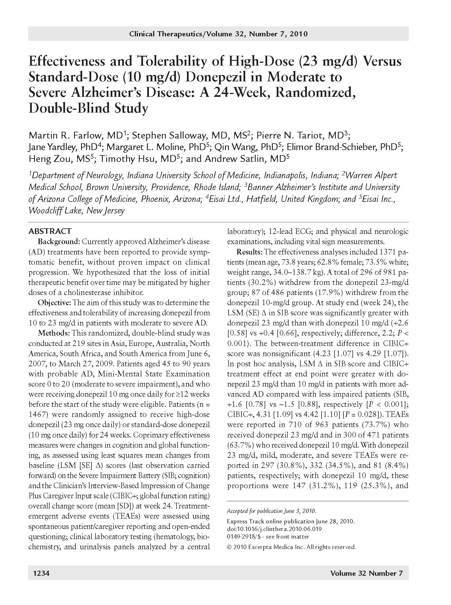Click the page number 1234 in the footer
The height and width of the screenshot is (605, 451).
click(41, 573)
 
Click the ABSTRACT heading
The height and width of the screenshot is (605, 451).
click(50, 231)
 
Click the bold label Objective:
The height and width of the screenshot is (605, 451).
click(54, 303)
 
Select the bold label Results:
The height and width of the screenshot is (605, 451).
click(249, 252)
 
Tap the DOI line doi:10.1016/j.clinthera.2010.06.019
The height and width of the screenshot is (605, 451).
click(274, 529)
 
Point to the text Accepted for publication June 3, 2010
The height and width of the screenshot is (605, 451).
click(271, 511)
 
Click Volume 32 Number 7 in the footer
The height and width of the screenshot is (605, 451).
click(366, 573)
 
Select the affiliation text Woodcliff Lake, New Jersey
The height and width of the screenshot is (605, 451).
click(76, 211)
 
